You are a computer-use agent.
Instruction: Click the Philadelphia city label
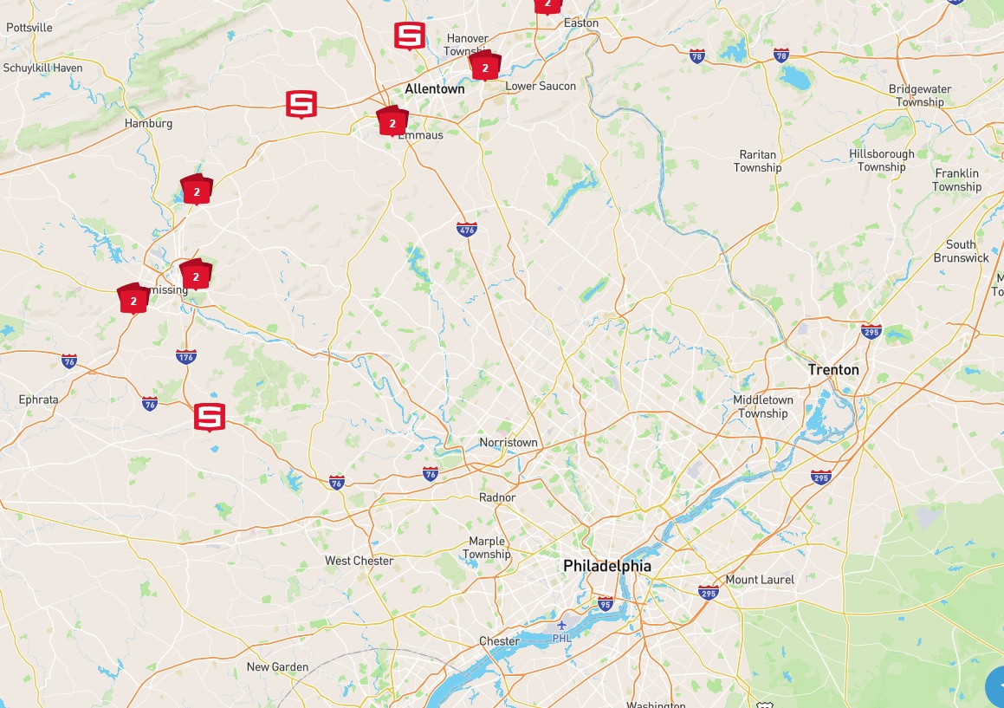pyautogui.click(x=606, y=566)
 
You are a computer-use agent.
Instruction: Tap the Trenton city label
pyautogui.click(x=833, y=370)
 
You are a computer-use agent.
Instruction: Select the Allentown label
pyautogui.click(x=435, y=88)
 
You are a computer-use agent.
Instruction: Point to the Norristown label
pyautogui.click(x=508, y=443)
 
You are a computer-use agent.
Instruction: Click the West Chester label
pyautogui.click(x=359, y=561)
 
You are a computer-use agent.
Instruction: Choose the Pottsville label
pyautogui.click(x=29, y=28)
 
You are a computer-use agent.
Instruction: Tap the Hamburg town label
pyautogui.click(x=148, y=123)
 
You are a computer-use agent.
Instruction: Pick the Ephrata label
pyautogui.click(x=38, y=399)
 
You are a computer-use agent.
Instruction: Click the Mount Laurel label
pyautogui.click(x=760, y=580)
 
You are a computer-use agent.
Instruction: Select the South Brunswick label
pyautogui.click(x=961, y=251)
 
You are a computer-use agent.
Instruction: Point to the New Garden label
pyautogui.click(x=277, y=667)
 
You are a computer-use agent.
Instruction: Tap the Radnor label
pyautogui.click(x=497, y=497)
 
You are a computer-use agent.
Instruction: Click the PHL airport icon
pyautogui.click(x=562, y=625)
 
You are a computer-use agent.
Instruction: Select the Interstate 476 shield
pyautogui.click(x=466, y=229)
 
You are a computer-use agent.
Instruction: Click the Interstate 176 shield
pyautogui.click(x=185, y=356)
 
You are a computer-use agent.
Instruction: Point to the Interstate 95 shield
pyautogui.click(x=605, y=605)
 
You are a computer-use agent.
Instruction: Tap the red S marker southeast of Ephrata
pyautogui.click(x=208, y=417)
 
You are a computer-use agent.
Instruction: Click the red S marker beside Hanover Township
pyautogui.click(x=409, y=36)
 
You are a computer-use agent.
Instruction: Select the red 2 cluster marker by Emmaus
pyautogui.click(x=392, y=122)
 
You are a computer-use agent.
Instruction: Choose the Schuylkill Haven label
pyautogui.click(x=42, y=68)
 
